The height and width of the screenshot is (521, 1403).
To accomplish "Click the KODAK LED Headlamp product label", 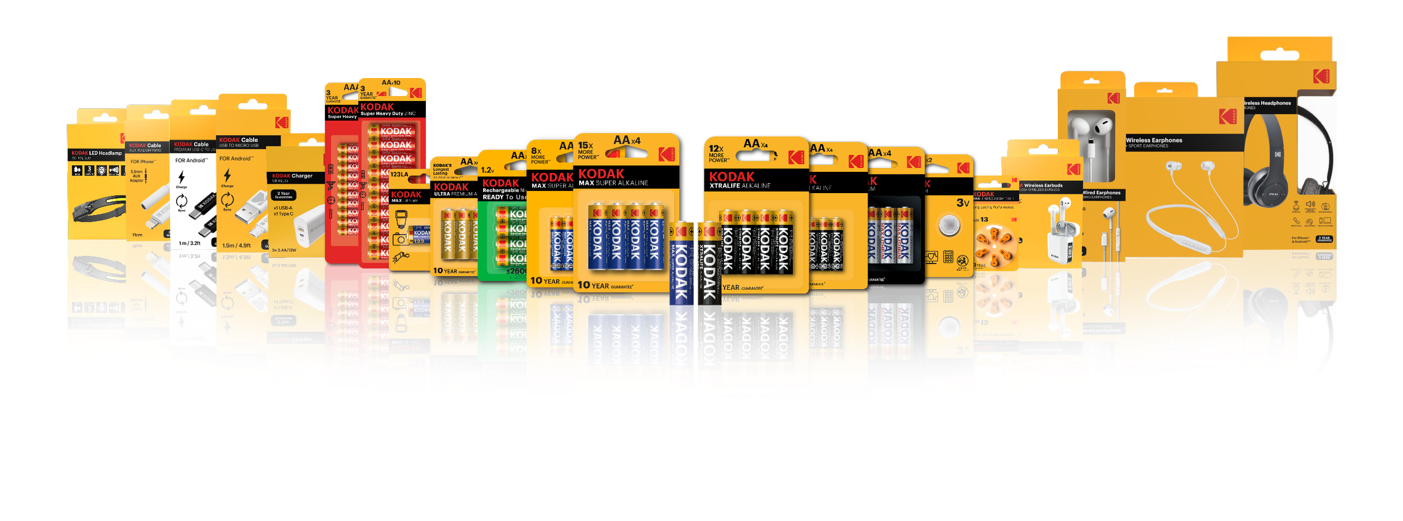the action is (x=97, y=153).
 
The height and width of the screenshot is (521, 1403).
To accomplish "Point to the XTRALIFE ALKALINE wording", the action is (x=740, y=186).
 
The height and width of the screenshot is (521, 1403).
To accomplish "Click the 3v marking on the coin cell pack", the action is (x=962, y=203).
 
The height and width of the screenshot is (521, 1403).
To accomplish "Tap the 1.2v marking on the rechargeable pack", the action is (x=487, y=170).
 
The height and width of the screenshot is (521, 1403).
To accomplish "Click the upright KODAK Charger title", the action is (x=292, y=176).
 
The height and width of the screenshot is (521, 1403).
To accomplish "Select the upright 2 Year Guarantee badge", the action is (x=283, y=195).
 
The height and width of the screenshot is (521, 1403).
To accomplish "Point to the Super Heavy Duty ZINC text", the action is (x=388, y=114).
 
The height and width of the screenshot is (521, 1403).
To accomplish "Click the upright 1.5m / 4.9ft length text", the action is (x=236, y=245).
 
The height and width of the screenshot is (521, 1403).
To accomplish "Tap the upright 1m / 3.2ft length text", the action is (x=189, y=243).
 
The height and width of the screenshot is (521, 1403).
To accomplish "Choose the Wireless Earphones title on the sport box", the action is (x=1154, y=140).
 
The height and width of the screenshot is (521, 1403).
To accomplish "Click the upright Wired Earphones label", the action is (x=1101, y=193).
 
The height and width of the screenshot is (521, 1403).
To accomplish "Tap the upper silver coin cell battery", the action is (x=949, y=225).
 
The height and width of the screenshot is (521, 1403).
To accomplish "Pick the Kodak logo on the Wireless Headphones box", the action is (x=1321, y=76).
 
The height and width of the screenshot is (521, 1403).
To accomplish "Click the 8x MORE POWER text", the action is (x=538, y=155).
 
